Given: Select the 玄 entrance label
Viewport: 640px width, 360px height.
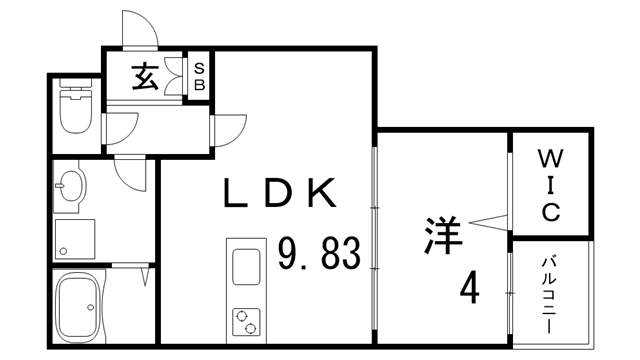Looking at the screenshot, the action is [147, 77].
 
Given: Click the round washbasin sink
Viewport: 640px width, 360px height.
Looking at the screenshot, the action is [72, 186].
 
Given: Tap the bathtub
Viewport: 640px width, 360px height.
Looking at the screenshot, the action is [77, 304].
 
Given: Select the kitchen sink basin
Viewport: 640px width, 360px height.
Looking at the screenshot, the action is [246, 268].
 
